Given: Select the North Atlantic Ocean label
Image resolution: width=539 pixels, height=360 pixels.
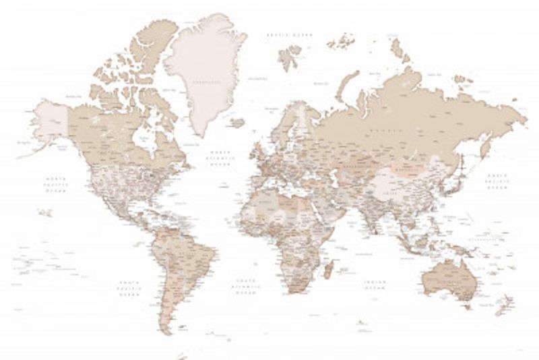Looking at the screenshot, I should pyautogui.click(x=220, y=158).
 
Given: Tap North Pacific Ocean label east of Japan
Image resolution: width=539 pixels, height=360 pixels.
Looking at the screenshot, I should pyautogui.click(x=498, y=181).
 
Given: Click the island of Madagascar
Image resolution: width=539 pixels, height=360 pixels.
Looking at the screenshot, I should pyautogui.click(x=328, y=270).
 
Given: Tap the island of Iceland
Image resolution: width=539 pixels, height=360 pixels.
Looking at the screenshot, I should pyautogui.click(x=236, y=123).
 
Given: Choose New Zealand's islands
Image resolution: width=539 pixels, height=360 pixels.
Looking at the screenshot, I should pyautogui.click(x=504, y=307).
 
